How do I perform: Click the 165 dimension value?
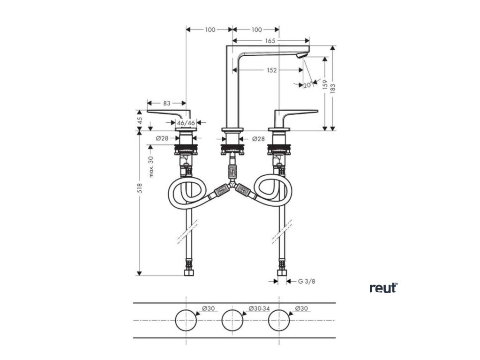(270, 41)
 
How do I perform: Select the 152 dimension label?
(271, 70)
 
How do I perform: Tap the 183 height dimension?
(333, 88)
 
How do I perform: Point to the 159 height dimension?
(324, 84)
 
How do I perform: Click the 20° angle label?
(307, 85)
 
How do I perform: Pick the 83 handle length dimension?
(166, 102)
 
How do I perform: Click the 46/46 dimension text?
(186, 123)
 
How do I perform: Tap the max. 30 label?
(151, 167)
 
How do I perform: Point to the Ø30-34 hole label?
(260, 308)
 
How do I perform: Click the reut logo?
(383, 287)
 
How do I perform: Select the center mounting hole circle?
(233, 321)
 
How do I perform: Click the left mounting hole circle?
(187, 321)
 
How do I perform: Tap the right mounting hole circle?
(279, 321)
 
